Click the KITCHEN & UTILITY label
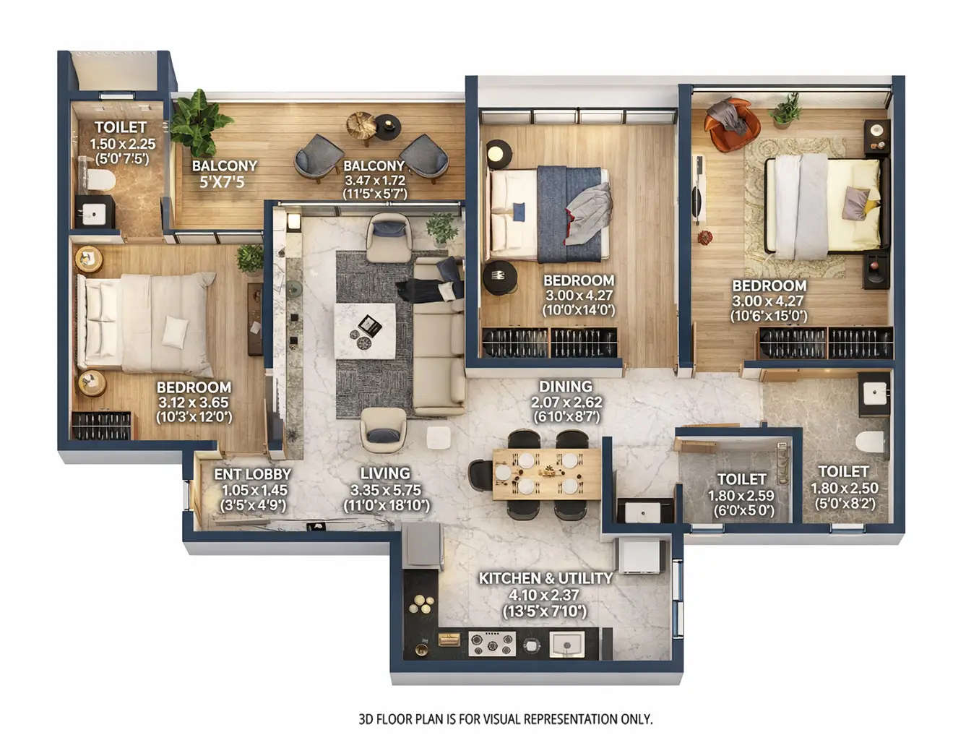click(545, 578)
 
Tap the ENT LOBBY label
click(252, 474)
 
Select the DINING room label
click(566, 387)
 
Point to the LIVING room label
click(385, 473)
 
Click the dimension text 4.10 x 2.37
click(545, 595)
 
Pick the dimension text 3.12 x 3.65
click(193, 403)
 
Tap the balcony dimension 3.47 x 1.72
click(375, 181)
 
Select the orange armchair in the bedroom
click(732, 124)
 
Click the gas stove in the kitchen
click(492, 642)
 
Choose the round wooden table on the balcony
click(362, 126)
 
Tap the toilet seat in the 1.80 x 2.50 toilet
click(871, 440)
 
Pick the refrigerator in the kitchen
click(423, 546)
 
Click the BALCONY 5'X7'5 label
click(224, 173)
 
